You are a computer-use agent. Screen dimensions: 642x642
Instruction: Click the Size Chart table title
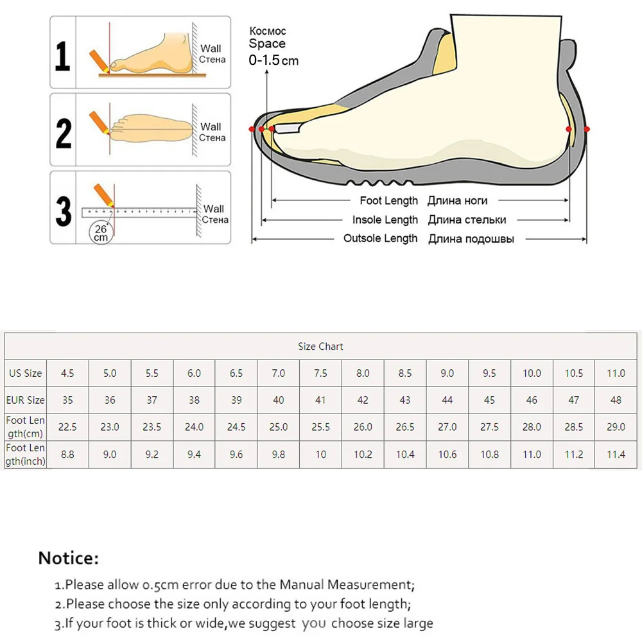click(320, 346)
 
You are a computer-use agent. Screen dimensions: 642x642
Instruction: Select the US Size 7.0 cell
click(278, 373)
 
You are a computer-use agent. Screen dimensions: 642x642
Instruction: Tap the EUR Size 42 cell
click(363, 400)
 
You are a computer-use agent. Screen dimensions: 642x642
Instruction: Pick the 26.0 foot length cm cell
click(363, 426)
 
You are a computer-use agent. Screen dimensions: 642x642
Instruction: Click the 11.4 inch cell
click(616, 455)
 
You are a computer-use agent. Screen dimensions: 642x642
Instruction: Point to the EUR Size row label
click(26, 400)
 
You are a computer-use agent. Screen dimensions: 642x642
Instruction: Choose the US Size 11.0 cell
click(616, 373)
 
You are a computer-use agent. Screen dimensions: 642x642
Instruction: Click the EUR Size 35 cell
click(67, 400)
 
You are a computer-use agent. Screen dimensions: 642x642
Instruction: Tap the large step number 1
click(62, 56)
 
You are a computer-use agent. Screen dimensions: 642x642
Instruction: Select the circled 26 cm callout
click(101, 232)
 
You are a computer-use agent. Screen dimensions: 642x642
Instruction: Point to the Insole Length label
click(385, 220)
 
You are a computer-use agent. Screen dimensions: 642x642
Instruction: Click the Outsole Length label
click(380, 238)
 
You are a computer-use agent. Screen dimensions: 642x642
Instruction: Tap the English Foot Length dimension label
click(388, 201)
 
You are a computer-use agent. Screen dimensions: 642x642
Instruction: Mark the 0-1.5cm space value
click(273, 60)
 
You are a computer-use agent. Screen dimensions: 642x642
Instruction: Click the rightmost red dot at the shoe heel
click(587, 130)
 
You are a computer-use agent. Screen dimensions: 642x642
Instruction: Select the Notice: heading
click(69, 558)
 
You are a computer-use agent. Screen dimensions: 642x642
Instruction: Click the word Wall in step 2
click(211, 126)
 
